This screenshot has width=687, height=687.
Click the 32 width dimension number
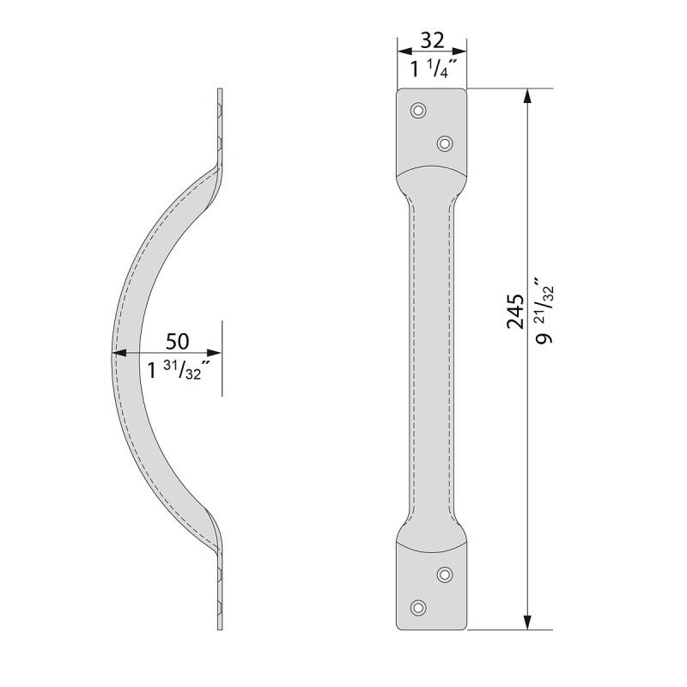click(432, 40)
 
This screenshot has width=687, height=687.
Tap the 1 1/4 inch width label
click(434, 69)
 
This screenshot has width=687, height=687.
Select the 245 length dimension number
click(515, 311)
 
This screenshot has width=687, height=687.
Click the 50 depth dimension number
click(178, 341)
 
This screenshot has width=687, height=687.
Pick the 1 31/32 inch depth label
click(176, 371)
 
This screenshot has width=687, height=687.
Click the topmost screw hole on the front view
click(418, 110)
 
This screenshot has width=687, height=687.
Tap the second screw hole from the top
click(445, 143)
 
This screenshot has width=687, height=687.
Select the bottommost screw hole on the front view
click(418, 607)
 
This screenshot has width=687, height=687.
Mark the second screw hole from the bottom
click(445, 575)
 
